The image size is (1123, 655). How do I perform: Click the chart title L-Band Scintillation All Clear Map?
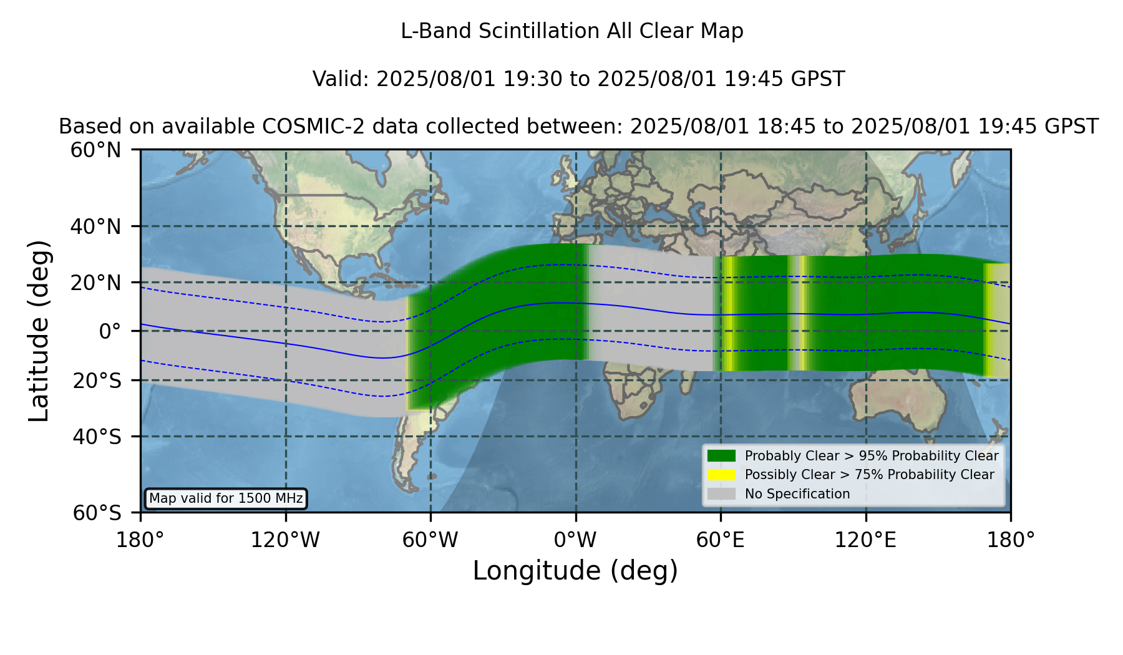coord(571,31)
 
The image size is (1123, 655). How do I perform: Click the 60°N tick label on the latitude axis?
coord(96,150)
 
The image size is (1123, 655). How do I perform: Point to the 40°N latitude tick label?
coord(96,226)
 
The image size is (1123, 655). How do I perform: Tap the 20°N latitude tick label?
coord(96,282)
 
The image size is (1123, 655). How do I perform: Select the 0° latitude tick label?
coord(110,331)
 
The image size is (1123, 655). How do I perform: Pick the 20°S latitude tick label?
coord(97,380)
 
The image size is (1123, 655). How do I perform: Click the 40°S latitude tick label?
coord(97,437)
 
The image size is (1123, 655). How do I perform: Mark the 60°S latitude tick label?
coord(97,513)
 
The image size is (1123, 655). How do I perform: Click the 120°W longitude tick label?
coord(285,540)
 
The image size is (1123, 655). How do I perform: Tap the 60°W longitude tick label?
coord(430,540)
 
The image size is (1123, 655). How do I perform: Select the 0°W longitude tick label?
coord(575,540)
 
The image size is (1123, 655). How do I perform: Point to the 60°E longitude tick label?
coord(721,540)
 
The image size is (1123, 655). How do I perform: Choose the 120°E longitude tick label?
coord(865,540)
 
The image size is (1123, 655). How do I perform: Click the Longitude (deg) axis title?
coord(575,571)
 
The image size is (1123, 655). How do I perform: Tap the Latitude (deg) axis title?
coord(39,331)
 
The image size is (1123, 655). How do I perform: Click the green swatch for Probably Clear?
coord(722,456)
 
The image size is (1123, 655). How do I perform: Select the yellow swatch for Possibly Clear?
coord(722,475)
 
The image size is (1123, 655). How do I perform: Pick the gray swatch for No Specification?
coord(722,494)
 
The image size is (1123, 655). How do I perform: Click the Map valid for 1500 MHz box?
coord(226,498)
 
